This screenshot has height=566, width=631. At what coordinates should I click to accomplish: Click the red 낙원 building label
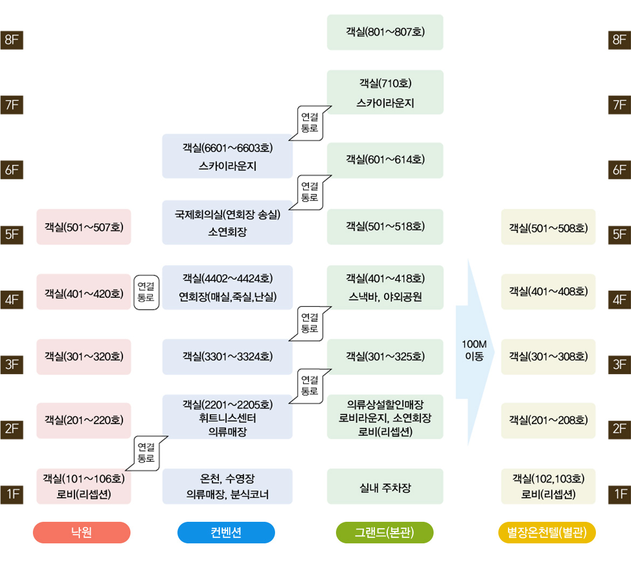[x=81, y=533]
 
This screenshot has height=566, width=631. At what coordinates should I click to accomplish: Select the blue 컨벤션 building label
[x=226, y=533]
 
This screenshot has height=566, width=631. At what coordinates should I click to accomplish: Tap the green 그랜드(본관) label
[x=385, y=533]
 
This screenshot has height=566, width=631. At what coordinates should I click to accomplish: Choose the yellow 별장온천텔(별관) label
[x=547, y=533]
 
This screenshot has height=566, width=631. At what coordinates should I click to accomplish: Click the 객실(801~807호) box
[x=385, y=32]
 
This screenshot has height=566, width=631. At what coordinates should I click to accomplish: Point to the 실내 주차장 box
[x=385, y=487]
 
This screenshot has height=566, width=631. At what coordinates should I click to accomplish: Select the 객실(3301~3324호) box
[x=227, y=357]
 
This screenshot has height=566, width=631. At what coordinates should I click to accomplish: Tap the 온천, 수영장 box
[x=227, y=487]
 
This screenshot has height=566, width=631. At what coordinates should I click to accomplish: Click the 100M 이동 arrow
[x=474, y=350]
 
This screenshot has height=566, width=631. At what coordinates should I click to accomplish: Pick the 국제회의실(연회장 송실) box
[x=227, y=223]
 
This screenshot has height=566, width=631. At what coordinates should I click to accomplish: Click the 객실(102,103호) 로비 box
[x=548, y=487]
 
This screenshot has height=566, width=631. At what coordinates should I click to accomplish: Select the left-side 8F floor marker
[x=12, y=40]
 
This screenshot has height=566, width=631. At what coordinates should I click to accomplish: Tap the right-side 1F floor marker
[x=619, y=494]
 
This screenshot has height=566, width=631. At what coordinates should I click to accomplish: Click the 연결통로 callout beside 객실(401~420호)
[x=146, y=292]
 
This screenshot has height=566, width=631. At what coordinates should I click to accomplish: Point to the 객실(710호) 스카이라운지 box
[x=385, y=92]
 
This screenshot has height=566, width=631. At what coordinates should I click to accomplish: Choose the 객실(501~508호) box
[x=548, y=227]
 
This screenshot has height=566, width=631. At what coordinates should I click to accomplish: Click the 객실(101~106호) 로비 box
[x=84, y=487]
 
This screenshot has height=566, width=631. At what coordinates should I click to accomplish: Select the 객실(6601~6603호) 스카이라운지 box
[x=227, y=156]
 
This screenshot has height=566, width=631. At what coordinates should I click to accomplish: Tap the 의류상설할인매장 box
[x=385, y=417]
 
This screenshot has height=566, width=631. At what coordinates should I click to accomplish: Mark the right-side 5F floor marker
[x=619, y=234]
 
